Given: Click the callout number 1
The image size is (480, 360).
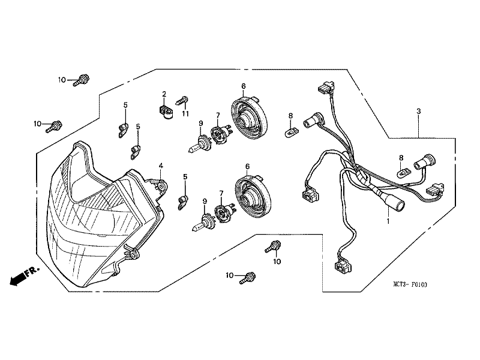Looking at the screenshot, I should (x=388, y=221).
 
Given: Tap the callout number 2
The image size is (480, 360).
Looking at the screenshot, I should (x=163, y=94).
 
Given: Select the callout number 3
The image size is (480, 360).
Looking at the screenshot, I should (x=418, y=112).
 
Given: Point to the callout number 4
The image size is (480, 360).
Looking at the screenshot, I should (x=160, y=165).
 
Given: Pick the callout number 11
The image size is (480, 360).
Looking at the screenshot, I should (x=185, y=113).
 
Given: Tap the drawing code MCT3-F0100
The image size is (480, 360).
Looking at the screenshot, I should (x=410, y=286).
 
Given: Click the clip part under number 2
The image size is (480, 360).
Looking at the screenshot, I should (x=164, y=111).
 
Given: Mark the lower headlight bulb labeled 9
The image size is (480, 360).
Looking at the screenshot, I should (x=202, y=225).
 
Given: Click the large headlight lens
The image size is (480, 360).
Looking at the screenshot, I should (x=90, y=216).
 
